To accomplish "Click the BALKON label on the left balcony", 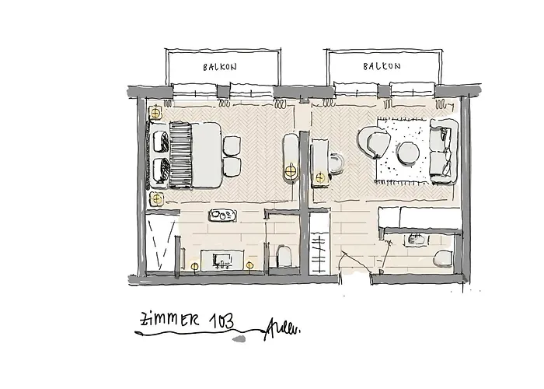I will point(219,67).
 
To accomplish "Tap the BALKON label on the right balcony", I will point(382,67).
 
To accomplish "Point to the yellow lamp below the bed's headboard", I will point(157,199).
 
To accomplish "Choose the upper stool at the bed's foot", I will point(231,145).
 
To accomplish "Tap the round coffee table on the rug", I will point(407,152).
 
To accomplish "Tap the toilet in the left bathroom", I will point(283,256).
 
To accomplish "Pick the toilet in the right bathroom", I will point(443,259).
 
